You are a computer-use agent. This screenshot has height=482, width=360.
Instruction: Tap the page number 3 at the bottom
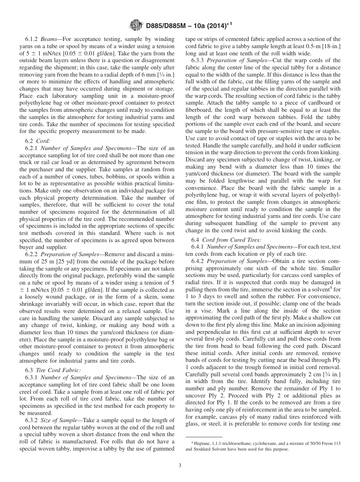pyautogui.click(x=180, y=466)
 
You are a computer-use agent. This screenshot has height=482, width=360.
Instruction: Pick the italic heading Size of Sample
pyautogui.click(x=60, y=420)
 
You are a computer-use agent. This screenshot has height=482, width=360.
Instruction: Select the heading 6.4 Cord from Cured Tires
pyautogui.click(x=226, y=239)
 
